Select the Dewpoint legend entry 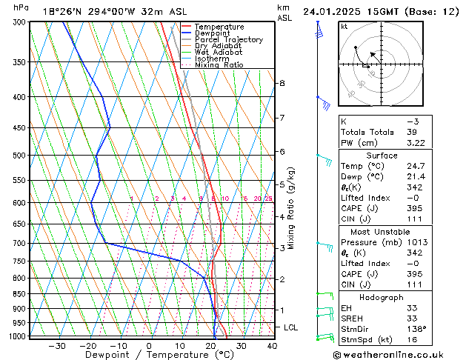point(213,33)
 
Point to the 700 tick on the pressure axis point(20,243)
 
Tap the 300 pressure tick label point(20,22)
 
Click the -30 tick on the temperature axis point(57,345)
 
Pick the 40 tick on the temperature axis point(272,345)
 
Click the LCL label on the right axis point(292,327)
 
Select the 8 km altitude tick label point(282,83)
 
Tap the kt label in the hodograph point(344,27)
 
